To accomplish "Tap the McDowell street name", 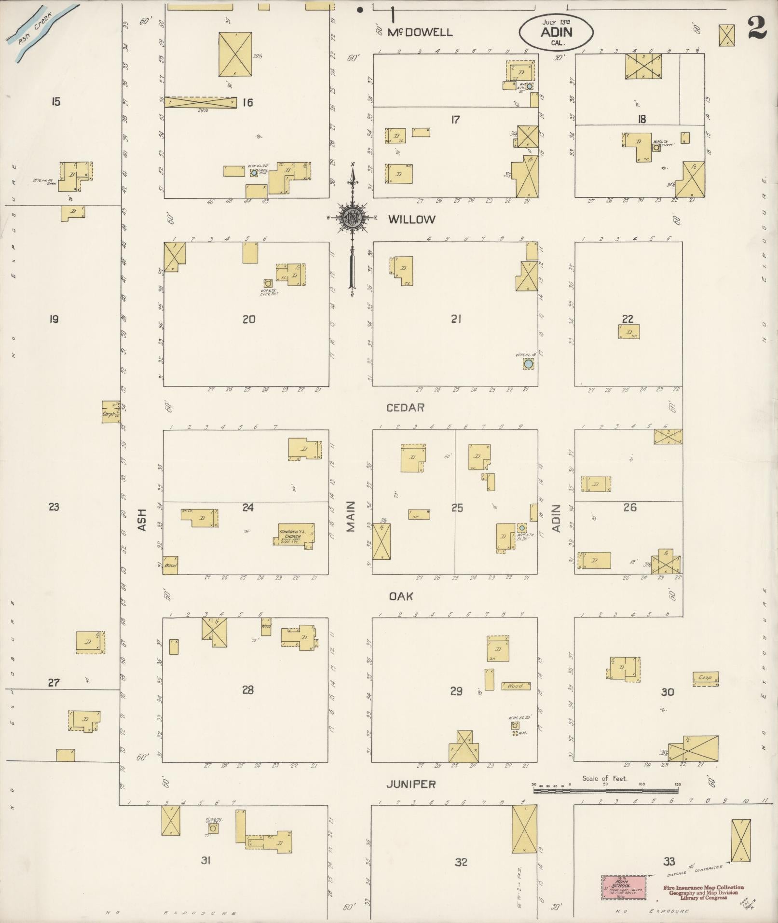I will pyautogui.click(x=421, y=32).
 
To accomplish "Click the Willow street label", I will pyautogui.click(x=411, y=220).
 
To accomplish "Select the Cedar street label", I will pyautogui.click(x=405, y=408).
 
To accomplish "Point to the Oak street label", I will pyautogui.click(x=401, y=596).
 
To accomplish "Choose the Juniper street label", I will pyautogui.click(x=411, y=785).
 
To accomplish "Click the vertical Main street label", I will pyautogui.click(x=351, y=516).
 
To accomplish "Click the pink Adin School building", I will pyautogui.click(x=624, y=888).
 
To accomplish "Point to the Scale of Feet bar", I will pyautogui.click(x=605, y=791).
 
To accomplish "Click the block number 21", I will pyautogui.click(x=456, y=318).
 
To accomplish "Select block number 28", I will pyautogui.click(x=248, y=690).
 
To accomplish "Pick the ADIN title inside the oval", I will pyautogui.click(x=556, y=32).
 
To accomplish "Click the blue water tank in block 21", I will pyautogui.click(x=529, y=364).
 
